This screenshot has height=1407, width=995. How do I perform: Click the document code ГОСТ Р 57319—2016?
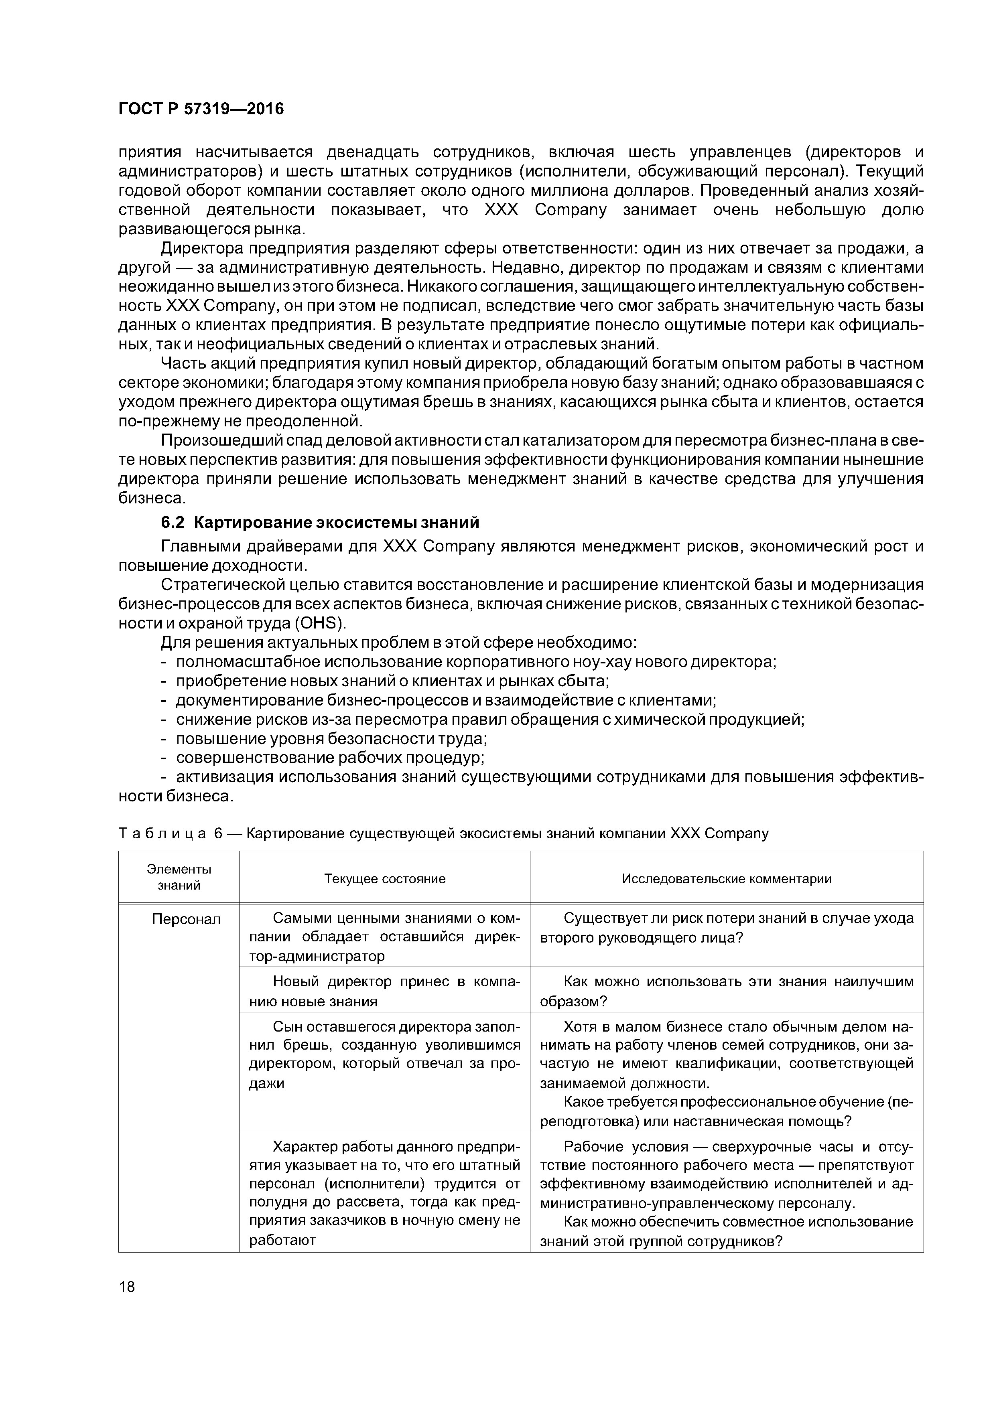(201, 109)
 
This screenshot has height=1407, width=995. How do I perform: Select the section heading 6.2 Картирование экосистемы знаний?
(319, 522)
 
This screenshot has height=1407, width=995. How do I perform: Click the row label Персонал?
(187, 919)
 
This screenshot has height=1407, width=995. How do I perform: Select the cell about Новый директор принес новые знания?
(384, 991)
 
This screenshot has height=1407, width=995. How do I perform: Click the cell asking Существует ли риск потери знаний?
(727, 928)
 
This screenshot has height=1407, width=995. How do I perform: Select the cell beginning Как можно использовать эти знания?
(727, 991)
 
